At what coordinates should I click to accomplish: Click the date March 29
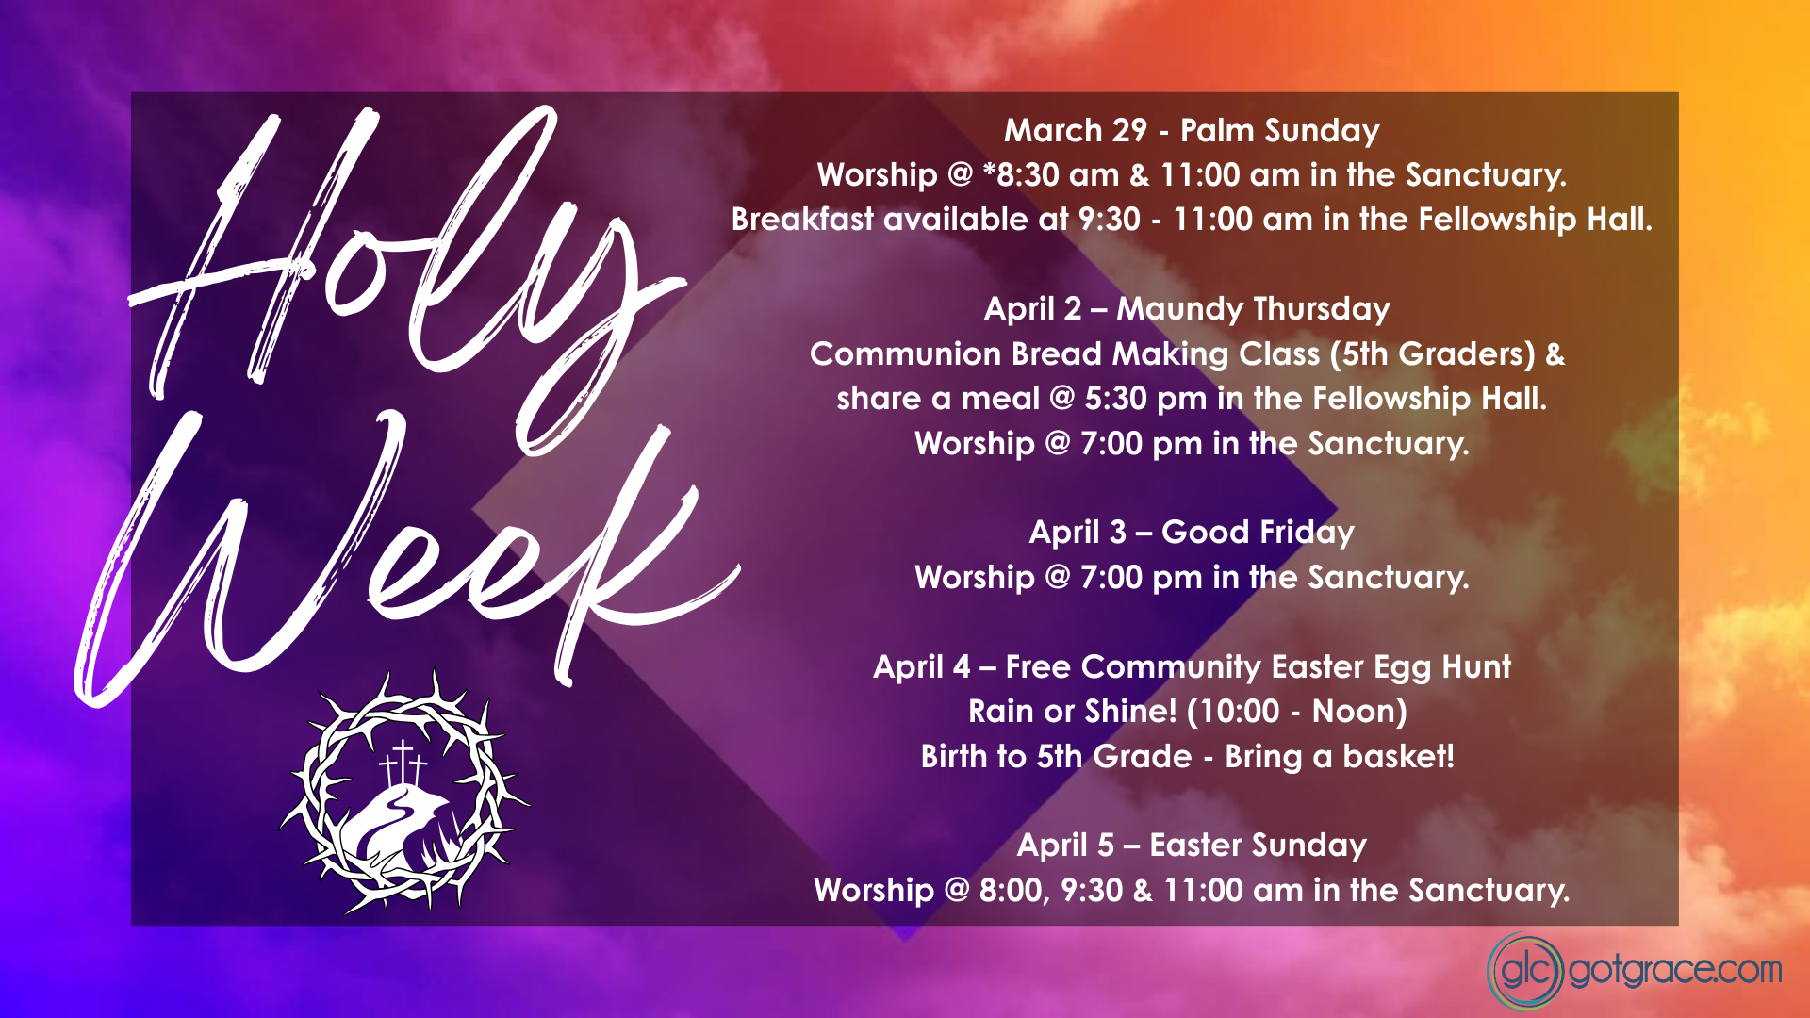(1075, 130)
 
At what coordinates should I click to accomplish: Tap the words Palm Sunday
(1279, 130)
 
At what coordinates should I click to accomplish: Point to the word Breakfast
(802, 220)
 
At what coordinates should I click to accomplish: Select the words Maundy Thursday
(1253, 309)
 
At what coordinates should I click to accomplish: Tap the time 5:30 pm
(1144, 399)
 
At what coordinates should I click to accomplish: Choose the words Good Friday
(1258, 533)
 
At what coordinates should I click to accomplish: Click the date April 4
(921, 667)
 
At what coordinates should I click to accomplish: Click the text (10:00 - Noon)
(1296, 712)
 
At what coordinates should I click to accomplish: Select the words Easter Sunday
(1258, 846)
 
